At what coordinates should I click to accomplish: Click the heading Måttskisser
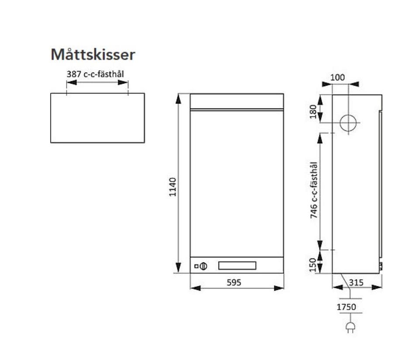click(93, 55)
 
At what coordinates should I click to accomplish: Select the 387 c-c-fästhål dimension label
click(95, 74)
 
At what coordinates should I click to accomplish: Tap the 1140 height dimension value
click(173, 187)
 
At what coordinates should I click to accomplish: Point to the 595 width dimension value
click(234, 282)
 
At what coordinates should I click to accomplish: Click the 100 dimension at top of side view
click(337, 77)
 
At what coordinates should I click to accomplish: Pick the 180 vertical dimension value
click(312, 111)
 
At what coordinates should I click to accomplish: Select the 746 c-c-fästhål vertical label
click(313, 190)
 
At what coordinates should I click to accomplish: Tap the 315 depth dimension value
click(357, 282)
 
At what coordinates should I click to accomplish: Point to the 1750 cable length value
click(346, 307)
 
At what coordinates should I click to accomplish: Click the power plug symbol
click(349, 327)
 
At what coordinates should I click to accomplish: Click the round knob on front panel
click(203, 266)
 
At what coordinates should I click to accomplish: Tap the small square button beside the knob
click(197, 266)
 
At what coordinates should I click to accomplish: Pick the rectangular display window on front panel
click(237, 265)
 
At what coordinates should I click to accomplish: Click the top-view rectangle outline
click(97, 118)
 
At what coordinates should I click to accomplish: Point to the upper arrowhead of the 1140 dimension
click(178, 98)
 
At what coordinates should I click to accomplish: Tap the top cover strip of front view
click(237, 101)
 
